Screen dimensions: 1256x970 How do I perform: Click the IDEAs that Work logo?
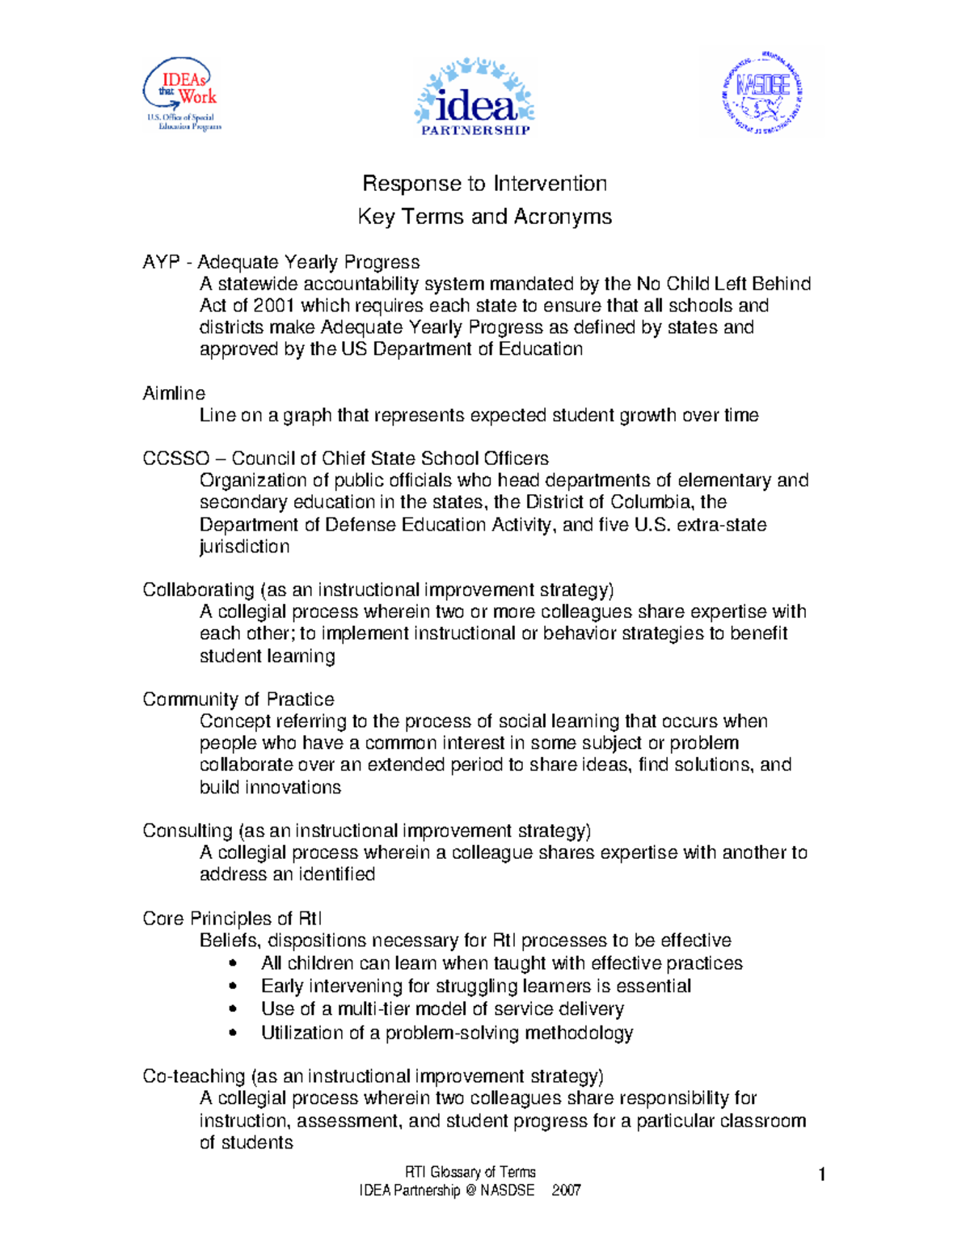pyautogui.click(x=182, y=94)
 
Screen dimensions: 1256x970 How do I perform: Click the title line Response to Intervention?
pyautogui.click(x=484, y=184)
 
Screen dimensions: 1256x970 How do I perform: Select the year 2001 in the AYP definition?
pyautogui.click(x=274, y=306)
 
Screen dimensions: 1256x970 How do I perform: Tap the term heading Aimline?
pyautogui.click(x=174, y=393)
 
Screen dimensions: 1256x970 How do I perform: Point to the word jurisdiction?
pyautogui.click(x=244, y=547)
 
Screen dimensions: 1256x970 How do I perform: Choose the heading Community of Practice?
pyautogui.click(x=238, y=700)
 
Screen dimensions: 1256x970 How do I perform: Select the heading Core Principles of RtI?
pyautogui.click(x=232, y=919)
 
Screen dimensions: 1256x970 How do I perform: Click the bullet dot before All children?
pyautogui.click(x=234, y=963)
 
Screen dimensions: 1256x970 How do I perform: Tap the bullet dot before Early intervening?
pyautogui.click(x=234, y=986)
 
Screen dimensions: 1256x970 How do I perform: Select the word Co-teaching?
pyautogui.click(x=193, y=1076)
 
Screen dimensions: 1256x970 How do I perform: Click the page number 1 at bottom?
pyautogui.click(x=821, y=1175)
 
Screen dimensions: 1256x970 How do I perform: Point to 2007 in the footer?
pyautogui.click(x=566, y=1190)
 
